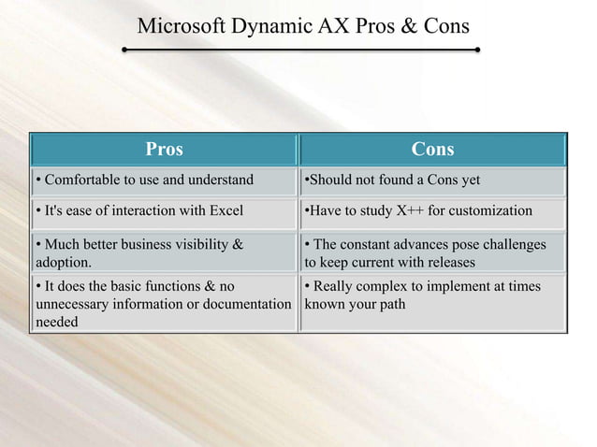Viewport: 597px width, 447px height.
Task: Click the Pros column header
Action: point(164,150)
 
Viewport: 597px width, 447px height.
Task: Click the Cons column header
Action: point(432,150)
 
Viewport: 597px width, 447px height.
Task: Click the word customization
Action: point(492,210)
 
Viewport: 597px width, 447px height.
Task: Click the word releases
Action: point(445,262)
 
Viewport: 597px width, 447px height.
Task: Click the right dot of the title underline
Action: point(478,47)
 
